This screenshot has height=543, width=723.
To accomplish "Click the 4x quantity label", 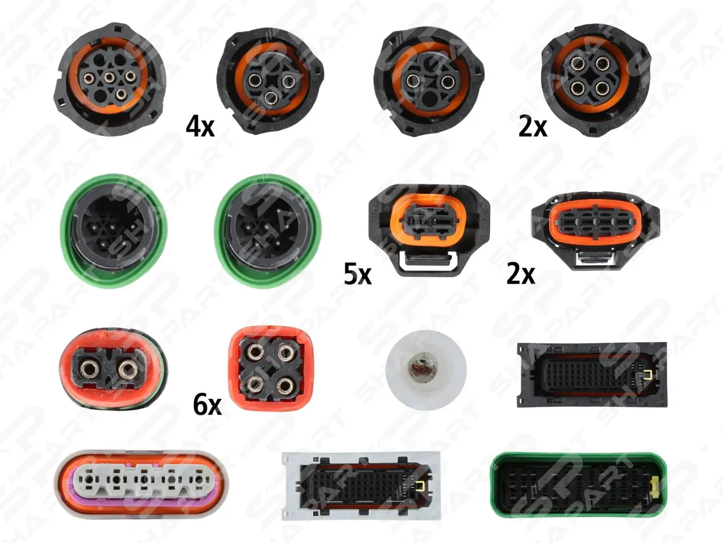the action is coord(200,127).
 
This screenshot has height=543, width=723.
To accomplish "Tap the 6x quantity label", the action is coord(207,405).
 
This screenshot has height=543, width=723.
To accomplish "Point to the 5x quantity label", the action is coord(358,274).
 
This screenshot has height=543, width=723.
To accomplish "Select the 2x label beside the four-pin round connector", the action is coord(533,127).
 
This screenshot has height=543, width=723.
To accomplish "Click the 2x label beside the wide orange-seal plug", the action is coord(521,273).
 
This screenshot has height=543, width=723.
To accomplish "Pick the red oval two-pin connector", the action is coord(113,369).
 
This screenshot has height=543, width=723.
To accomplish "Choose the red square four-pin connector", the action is coord(271,369).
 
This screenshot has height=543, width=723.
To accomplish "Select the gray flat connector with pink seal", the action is coord(142,484).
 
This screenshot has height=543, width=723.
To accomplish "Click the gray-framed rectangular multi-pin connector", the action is coord(361,485).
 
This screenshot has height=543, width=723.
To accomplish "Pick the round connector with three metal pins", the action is coord(271,81).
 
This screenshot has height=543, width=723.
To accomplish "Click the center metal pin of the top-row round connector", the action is coord(110,78).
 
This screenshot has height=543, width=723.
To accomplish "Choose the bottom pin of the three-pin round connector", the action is coord(272,97).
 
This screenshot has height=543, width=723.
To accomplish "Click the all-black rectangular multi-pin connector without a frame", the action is coord(592,375).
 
